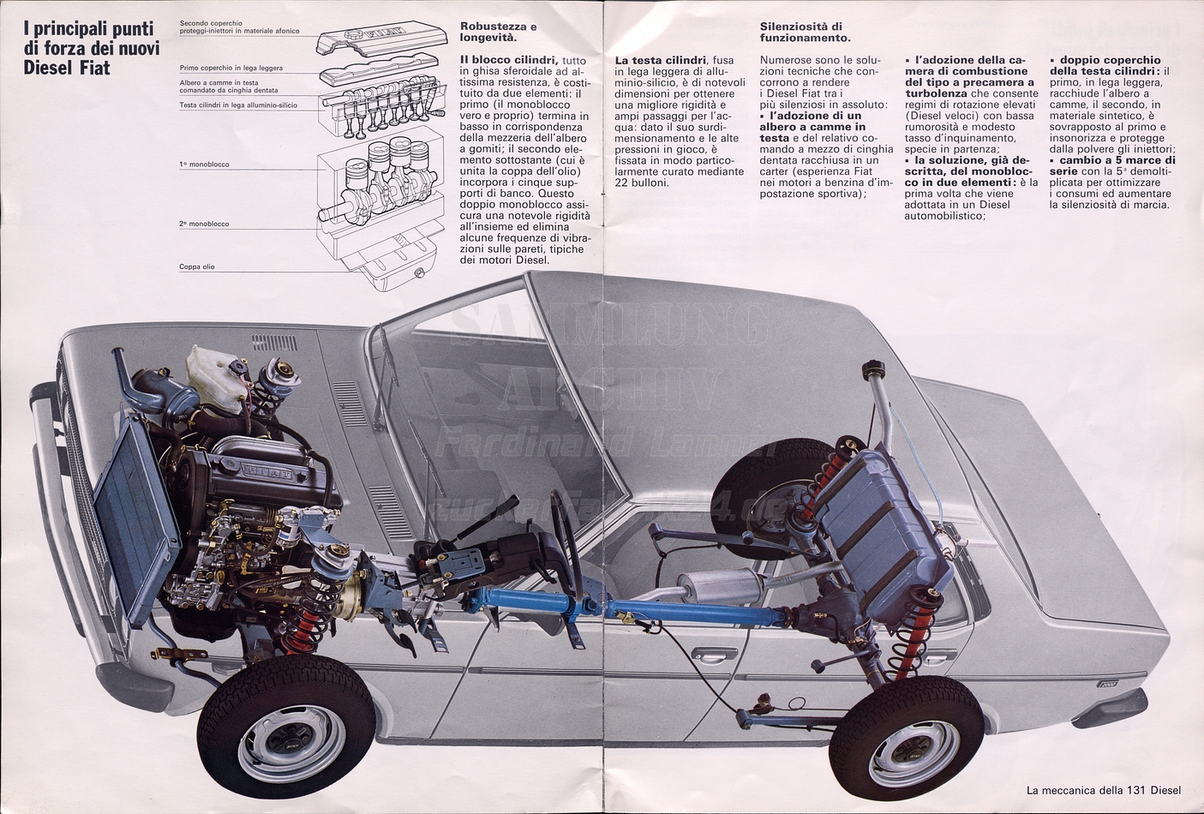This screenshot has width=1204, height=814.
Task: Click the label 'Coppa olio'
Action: tap(197, 267)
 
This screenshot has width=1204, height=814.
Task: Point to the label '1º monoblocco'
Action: tap(204, 164)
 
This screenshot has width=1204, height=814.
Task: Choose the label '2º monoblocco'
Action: tap(204, 224)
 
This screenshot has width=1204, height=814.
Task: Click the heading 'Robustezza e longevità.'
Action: tap(498, 32)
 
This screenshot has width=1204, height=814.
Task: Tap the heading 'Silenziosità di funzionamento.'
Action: tap(805, 32)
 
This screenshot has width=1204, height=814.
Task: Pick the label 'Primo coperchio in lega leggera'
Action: tap(231, 68)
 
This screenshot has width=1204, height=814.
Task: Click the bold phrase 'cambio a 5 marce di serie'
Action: tap(1113, 165)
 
